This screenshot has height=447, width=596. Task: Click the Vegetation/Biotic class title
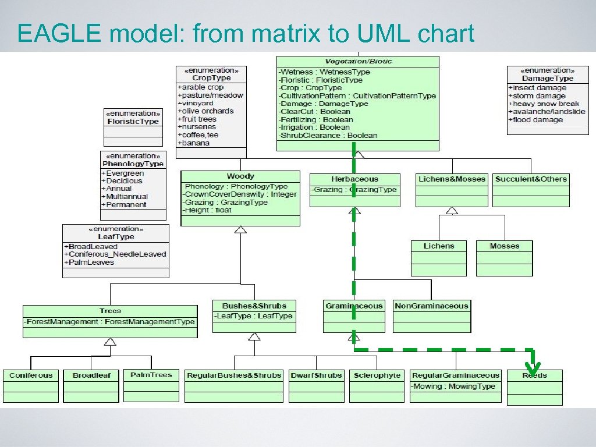(x=357, y=62)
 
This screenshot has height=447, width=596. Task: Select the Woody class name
(x=240, y=176)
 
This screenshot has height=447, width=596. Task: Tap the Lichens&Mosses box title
(x=452, y=179)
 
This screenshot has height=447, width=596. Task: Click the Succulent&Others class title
(x=531, y=179)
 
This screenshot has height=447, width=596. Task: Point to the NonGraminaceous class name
(x=431, y=306)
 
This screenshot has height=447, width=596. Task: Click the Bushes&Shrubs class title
(x=254, y=306)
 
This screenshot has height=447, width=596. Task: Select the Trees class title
(x=110, y=311)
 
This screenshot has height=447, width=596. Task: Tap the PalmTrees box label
(x=151, y=375)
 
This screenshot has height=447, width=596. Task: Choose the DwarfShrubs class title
(x=316, y=375)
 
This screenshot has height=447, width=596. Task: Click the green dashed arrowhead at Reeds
(x=532, y=368)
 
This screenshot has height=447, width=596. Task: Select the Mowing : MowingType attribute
(x=453, y=386)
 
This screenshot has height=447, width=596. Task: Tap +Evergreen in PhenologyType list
(x=123, y=173)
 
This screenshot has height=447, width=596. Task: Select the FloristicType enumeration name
(x=133, y=121)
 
